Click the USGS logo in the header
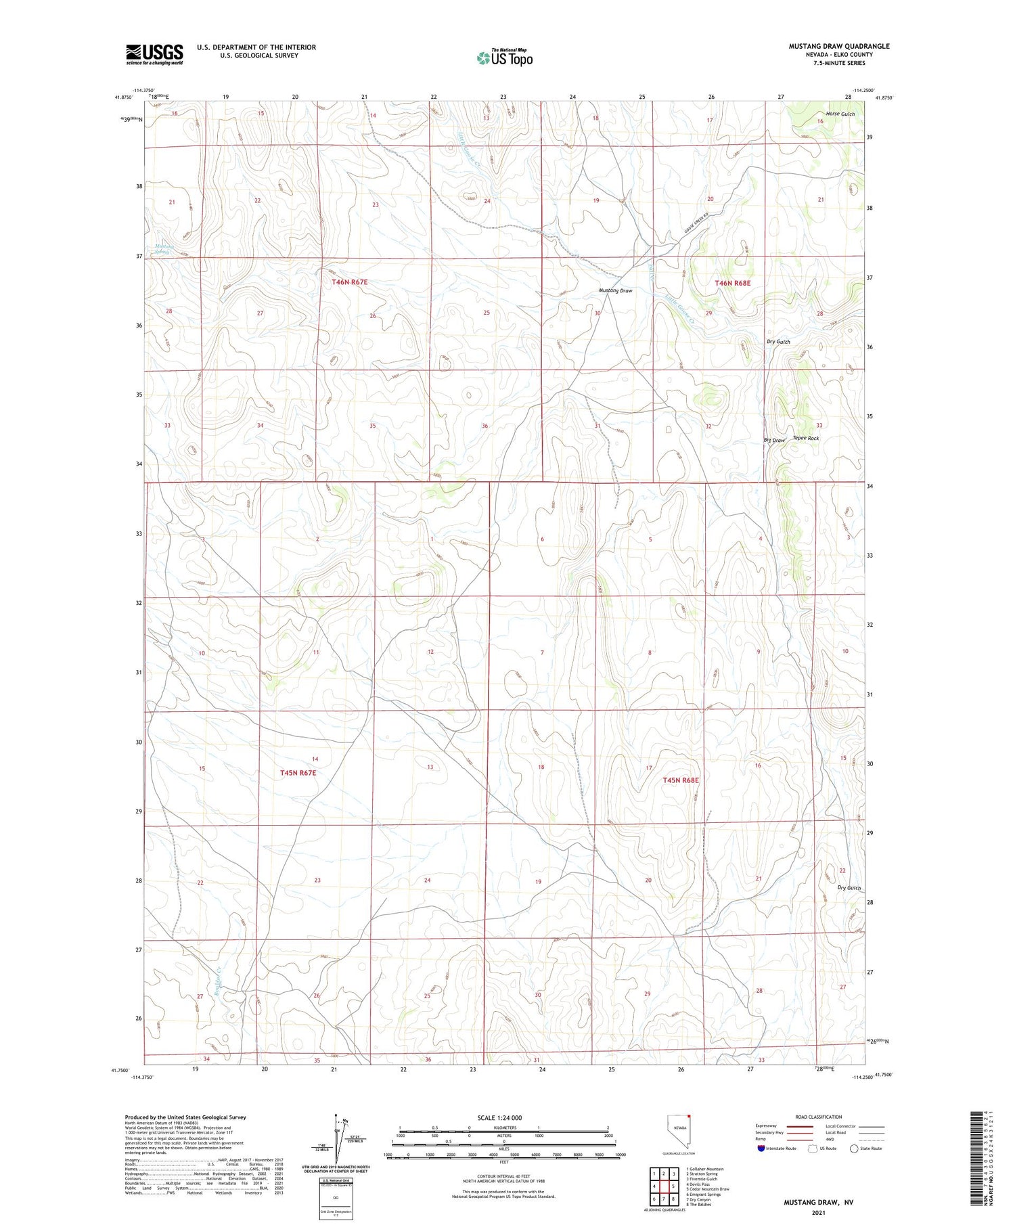154,54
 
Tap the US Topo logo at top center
505,58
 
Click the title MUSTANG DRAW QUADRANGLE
838,46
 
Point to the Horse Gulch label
840,114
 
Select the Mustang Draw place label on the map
615,290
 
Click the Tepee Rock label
805,438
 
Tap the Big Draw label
774,441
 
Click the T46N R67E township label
349,282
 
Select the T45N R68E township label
680,780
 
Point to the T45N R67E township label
298,772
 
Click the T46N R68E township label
732,283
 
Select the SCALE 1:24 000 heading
499,1117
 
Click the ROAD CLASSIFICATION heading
818,1117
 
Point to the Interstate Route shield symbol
761,1148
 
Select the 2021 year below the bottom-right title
818,1212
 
